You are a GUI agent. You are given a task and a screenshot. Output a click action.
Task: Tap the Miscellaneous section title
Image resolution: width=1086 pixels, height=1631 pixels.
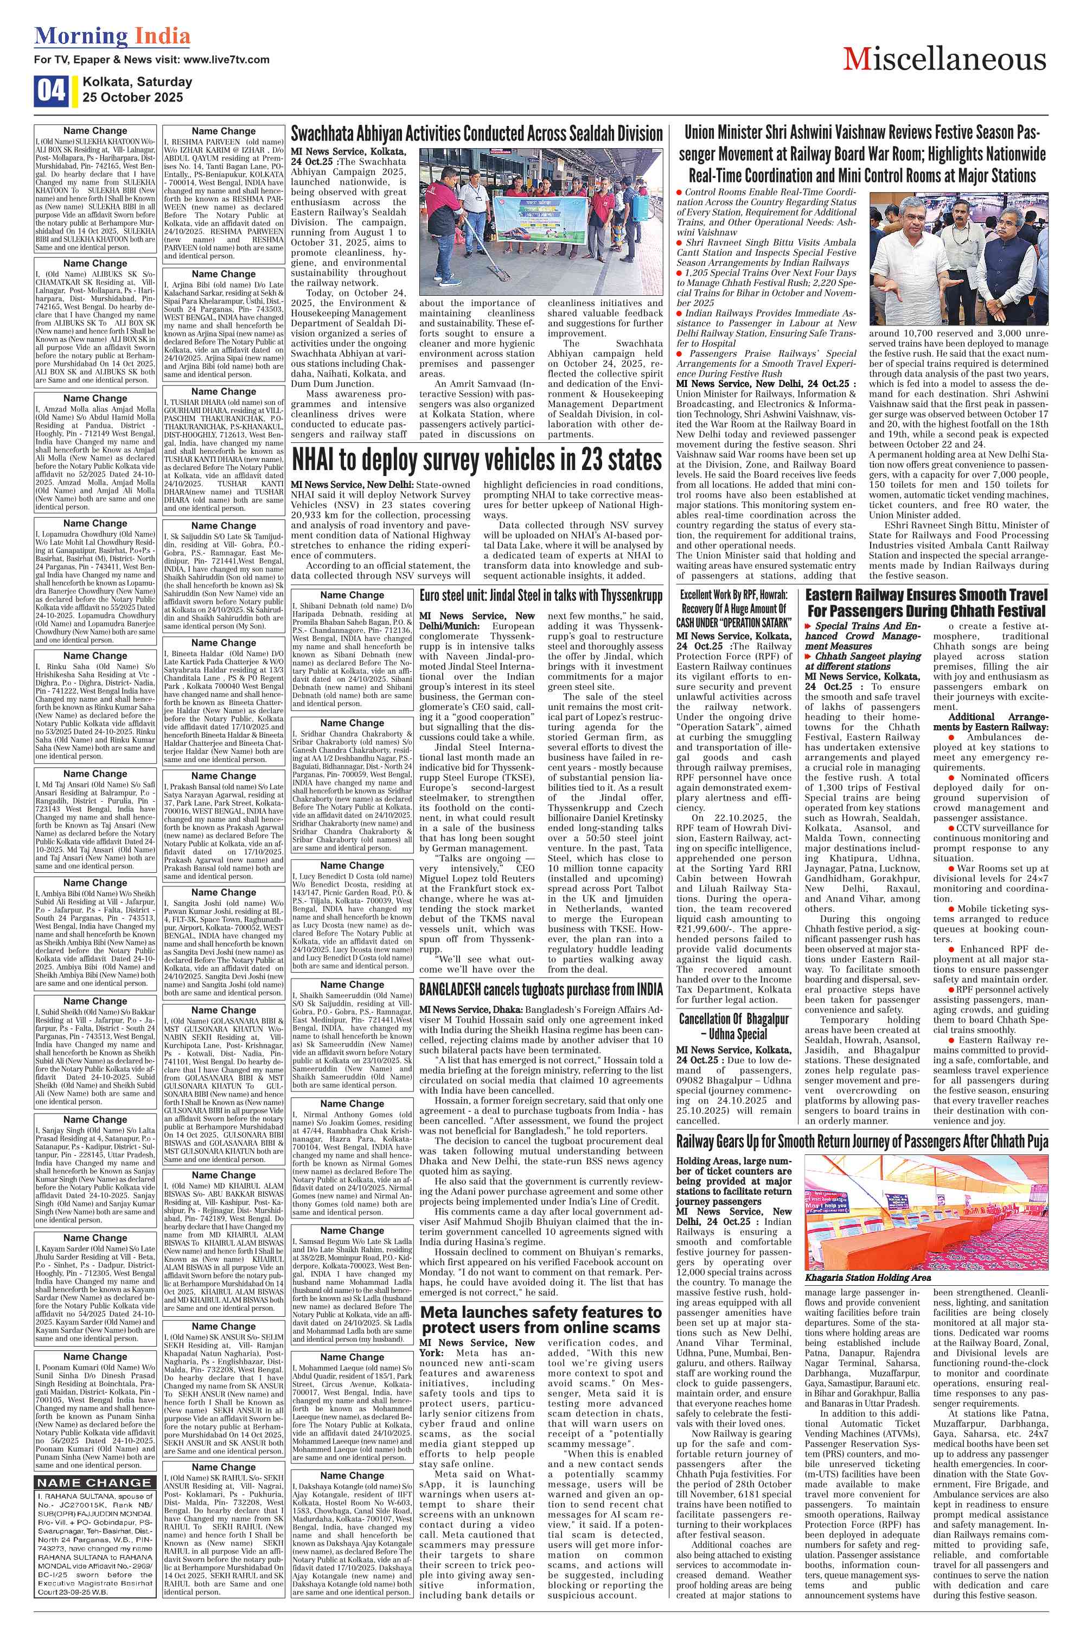(x=944, y=60)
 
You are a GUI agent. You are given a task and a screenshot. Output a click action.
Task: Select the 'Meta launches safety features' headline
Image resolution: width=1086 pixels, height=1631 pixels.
(x=541, y=1319)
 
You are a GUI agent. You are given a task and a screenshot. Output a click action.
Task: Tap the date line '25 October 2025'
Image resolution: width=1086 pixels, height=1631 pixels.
(x=132, y=98)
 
